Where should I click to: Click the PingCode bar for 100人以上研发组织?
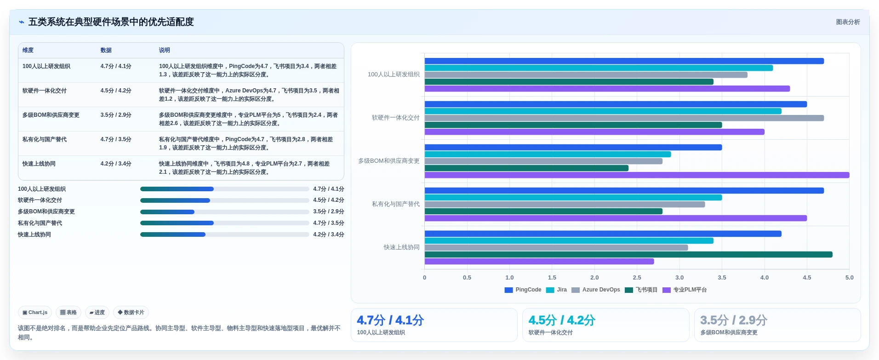[624, 61]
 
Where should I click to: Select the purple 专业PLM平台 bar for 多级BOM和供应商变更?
[637, 175]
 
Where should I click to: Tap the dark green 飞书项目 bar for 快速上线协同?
[628, 255]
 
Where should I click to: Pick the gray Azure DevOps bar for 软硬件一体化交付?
[624, 118]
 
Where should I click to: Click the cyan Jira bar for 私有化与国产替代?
[573, 198]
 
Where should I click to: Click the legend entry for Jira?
[556, 290]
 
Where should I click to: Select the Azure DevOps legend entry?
[595, 290]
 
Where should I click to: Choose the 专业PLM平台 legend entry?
[685, 290]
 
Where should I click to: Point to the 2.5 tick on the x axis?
[637, 278]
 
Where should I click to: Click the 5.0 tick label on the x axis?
[849, 278]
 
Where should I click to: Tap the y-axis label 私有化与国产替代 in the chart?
[395, 204]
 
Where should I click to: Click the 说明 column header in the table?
[165, 50]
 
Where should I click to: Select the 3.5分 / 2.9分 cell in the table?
[116, 115]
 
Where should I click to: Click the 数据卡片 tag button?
[131, 313]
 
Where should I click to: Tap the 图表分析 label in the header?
[848, 22]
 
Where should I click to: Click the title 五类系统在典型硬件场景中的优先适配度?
[111, 22]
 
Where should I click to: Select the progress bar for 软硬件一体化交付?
[224, 200]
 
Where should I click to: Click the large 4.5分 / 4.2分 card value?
[562, 320]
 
